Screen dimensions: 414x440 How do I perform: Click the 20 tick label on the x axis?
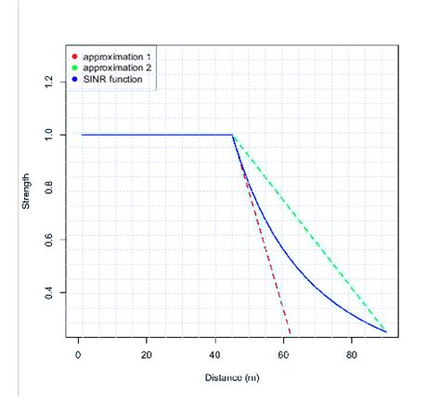(x=147, y=354)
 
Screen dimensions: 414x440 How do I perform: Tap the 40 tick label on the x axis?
(x=215, y=354)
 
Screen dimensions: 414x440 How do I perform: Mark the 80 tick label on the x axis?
(x=352, y=354)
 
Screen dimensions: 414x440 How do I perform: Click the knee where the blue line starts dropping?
(x=232, y=135)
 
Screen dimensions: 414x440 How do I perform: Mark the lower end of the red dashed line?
(x=291, y=332)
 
